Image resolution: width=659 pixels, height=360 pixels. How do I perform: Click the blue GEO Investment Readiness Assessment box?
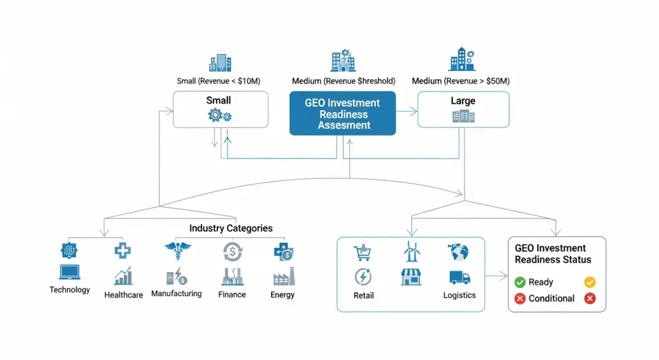342,113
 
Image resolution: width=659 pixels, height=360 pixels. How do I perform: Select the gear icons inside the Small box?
219,115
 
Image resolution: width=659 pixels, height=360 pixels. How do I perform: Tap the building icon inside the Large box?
463,116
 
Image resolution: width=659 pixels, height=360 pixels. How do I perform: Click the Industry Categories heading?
230,228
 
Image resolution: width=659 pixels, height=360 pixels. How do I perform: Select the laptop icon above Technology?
70,272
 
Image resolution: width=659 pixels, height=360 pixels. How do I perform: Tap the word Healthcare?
124,295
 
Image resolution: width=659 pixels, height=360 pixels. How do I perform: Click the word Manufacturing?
176,294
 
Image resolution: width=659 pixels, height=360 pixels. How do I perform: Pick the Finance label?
232,294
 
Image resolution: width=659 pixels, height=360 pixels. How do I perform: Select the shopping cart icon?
363,252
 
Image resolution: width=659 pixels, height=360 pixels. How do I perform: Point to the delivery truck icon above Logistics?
459,278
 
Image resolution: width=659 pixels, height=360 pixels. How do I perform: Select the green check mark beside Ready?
520,282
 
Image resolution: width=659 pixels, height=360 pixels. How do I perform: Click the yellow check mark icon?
589,282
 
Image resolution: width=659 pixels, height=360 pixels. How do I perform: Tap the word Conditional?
552,299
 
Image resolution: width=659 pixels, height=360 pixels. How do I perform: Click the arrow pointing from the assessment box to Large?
407,111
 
